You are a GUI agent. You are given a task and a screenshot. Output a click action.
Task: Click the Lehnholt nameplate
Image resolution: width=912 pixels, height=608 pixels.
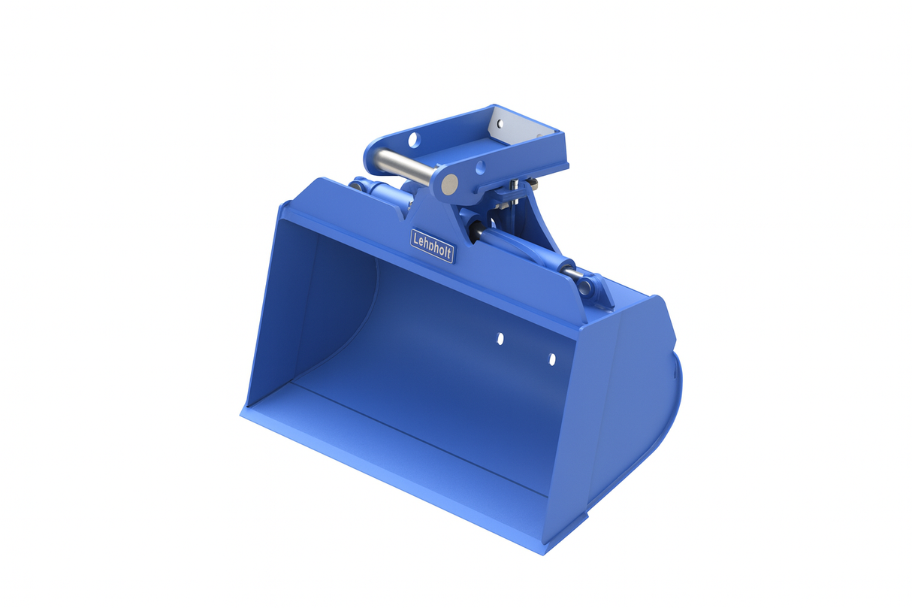pos(432,246)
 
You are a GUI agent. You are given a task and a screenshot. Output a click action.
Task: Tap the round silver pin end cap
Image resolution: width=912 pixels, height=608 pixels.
pos(449,183)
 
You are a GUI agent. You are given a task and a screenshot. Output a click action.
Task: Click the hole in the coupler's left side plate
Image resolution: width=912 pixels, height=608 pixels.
pos(412,140)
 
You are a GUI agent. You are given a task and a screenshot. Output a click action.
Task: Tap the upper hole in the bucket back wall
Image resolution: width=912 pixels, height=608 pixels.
pos(500,339)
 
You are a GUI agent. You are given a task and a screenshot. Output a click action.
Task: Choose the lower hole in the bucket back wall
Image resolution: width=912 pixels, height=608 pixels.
pos(552,359)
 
